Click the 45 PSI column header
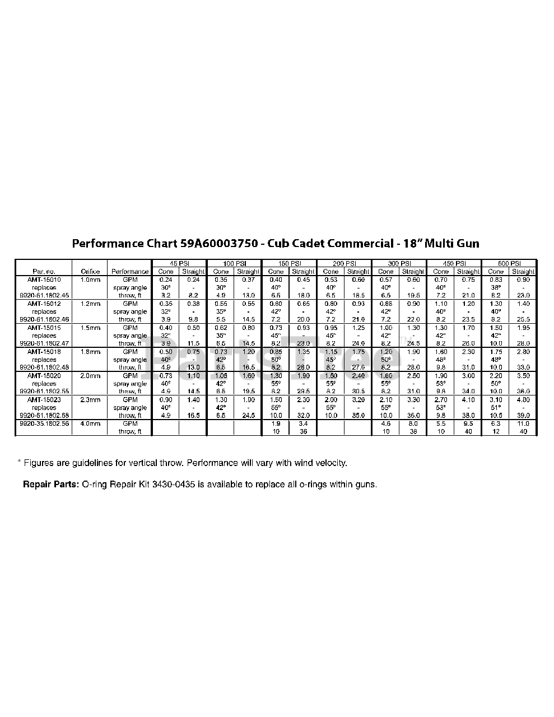click(x=179, y=263)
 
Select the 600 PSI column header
click(x=509, y=263)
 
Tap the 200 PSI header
click(x=344, y=263)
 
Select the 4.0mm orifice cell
click(x=90, y=424)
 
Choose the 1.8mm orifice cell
click(x=90, y=352)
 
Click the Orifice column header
click(x=90, y=271)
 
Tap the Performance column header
click(x=130, y=271)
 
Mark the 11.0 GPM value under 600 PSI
click(x=523, y=424)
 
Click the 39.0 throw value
click(x=523, y=416)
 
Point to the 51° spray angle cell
click(x=496, y=408)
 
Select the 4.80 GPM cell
click(x=523, y=400)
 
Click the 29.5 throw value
click(x=303, y=392)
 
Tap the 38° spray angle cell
click(x=496, y=287)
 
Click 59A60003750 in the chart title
click(x=219, y=244)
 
